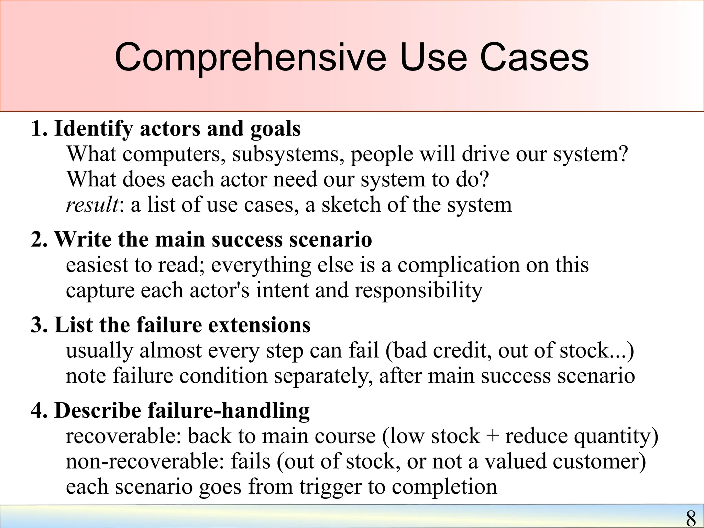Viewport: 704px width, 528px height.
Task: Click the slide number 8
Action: click(691, 518)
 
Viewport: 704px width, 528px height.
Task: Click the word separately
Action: click(323, 376)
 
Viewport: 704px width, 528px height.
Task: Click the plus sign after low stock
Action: click(493, 436)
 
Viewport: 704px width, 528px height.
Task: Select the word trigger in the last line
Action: click(330, 487)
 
